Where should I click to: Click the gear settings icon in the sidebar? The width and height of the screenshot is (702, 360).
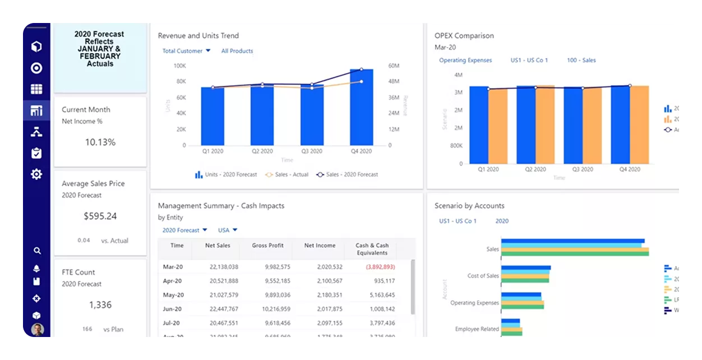[x=36, y=174]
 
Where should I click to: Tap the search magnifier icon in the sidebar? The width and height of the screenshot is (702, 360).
[x=37, y=251]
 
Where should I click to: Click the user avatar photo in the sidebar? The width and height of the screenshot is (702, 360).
[x=37, y=329]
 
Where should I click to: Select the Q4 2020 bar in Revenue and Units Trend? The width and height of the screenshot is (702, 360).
[x=361, y=107]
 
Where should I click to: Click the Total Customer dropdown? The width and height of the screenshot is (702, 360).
[x=186, y=51]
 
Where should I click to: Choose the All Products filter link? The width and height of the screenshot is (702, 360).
[x=237, y=51]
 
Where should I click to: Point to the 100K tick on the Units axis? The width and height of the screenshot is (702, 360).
[x=179, y=66]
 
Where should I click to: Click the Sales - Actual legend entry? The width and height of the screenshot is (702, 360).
[x=287, y=174]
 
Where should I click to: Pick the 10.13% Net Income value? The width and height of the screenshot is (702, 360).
[x=100, y=142]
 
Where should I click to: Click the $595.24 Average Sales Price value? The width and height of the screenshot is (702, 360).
[x=100, y=216]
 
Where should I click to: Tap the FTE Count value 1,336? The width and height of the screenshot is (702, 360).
[x=100, y=305]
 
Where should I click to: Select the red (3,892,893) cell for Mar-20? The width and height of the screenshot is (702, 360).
[x=380, y=267]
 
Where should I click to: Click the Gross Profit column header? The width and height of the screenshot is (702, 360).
[x=267, y=246]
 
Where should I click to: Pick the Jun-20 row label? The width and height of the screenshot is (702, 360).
[x=172, y=309]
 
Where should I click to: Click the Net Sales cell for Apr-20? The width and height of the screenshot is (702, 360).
[x=224, y=281]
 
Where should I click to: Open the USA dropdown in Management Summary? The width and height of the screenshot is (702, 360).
[x=227, y=230]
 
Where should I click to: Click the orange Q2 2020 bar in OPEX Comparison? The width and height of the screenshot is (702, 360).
[x=545, y=124]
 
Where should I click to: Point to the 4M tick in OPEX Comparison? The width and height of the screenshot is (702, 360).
[x=458, y=75]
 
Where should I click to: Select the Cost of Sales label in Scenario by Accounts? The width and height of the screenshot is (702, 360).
[x=483, y=276]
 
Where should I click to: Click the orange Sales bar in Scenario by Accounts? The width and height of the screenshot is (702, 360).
[x=575, y=250]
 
